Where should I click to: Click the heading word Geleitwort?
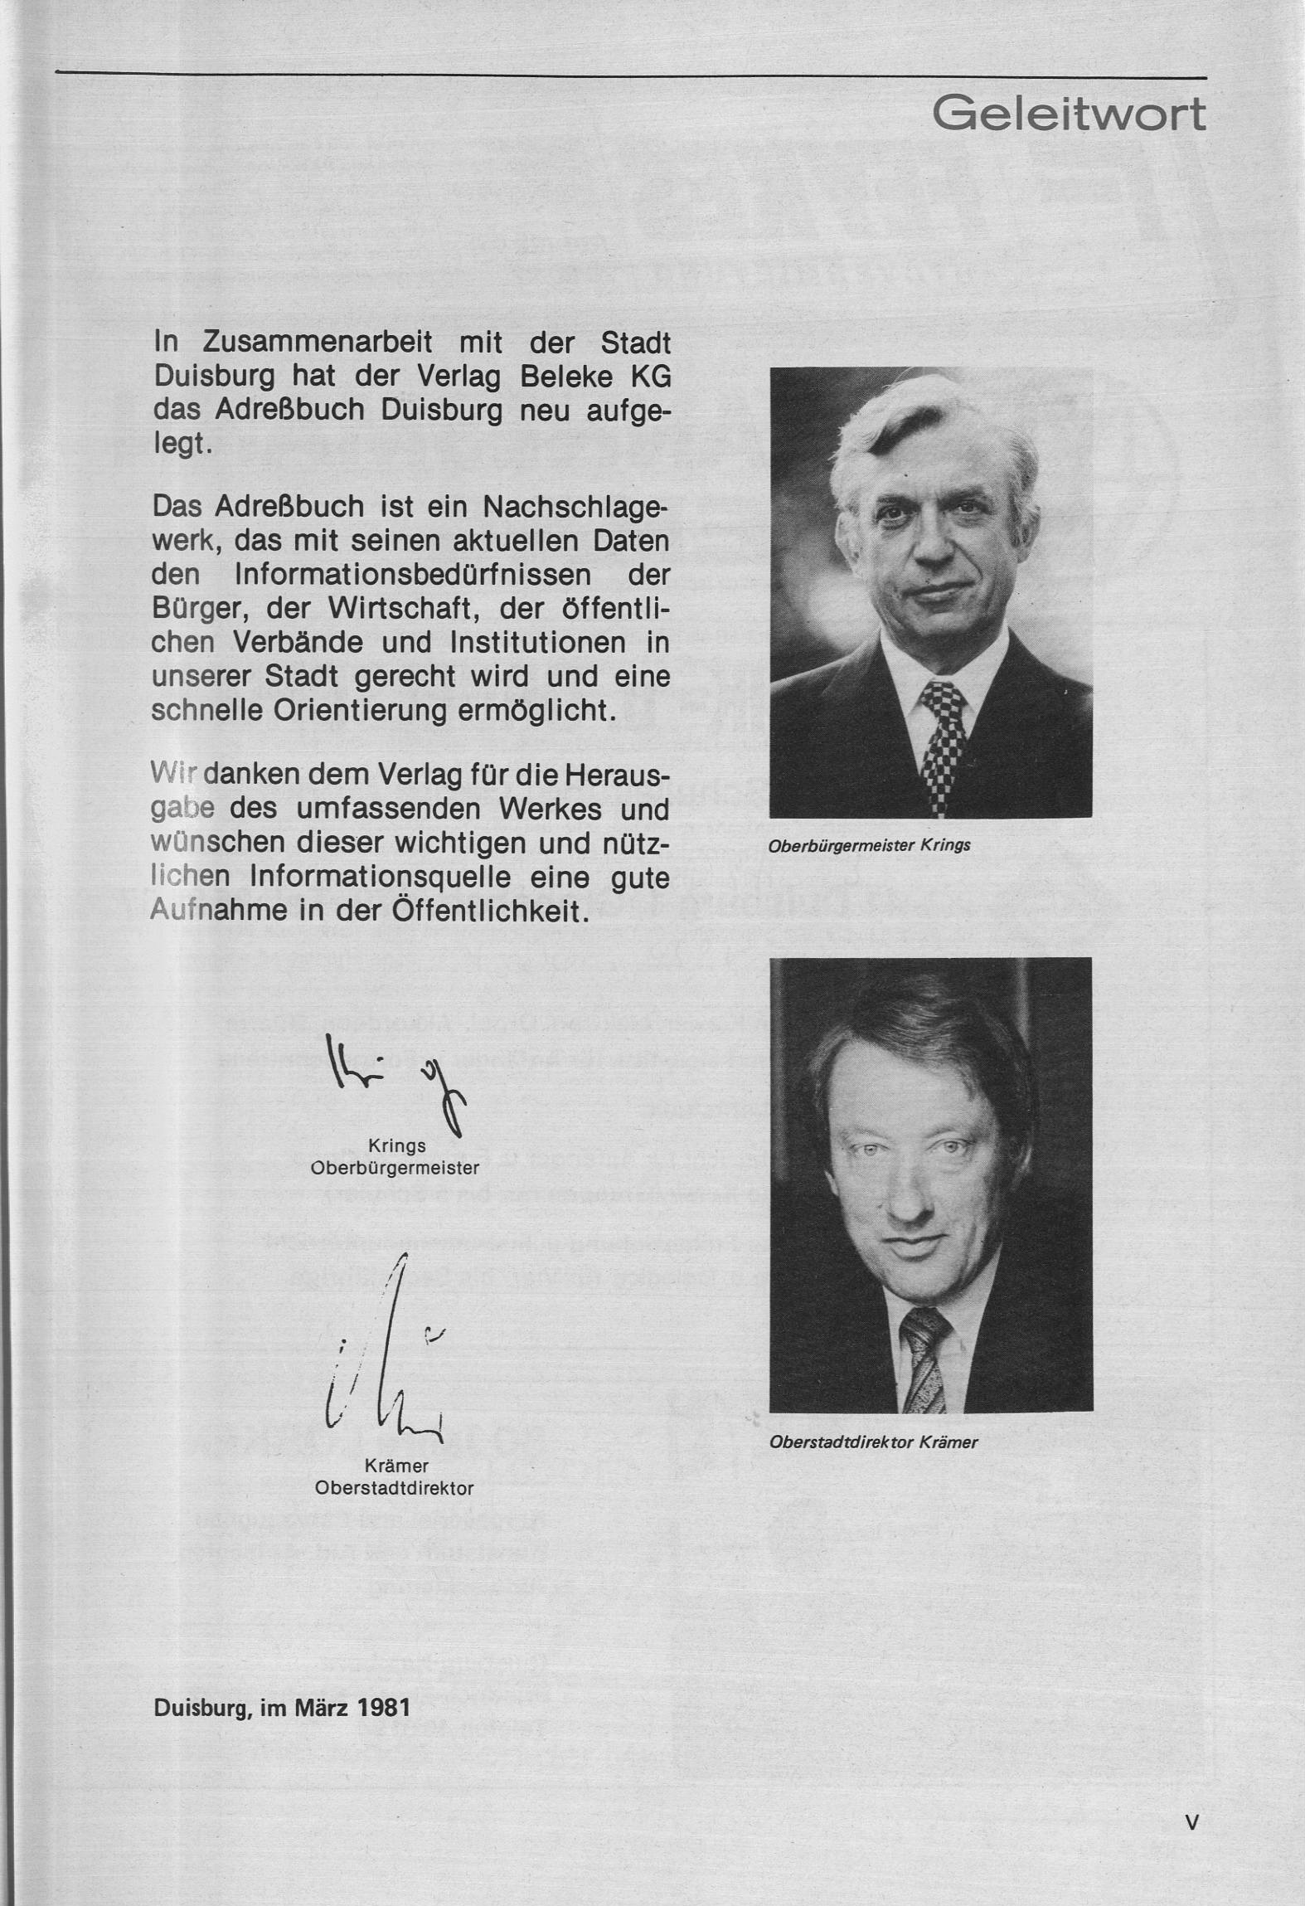click(x=1069, y=114)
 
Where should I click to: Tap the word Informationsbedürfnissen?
click(x=413, y=575)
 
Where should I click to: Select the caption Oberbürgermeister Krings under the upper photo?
click(x=869, y=846)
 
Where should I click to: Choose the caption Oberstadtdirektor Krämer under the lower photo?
click(x=873, y=1442)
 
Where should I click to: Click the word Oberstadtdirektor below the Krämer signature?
click(x=394, y=1488)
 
